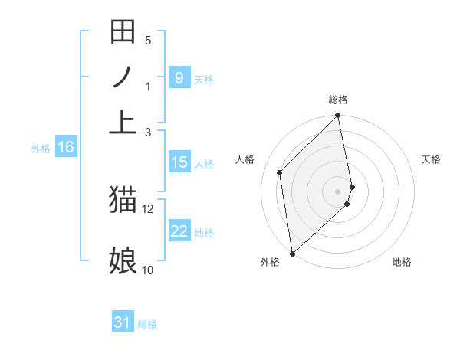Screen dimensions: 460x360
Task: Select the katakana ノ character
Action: click(x=123, y=77)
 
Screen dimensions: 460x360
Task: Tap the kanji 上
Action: click(x=123, y=123)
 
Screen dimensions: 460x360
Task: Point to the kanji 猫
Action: click(x=123, y=201)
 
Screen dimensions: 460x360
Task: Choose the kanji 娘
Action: click(x=123, y=260)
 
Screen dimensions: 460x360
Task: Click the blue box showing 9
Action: click(x=179, y=78)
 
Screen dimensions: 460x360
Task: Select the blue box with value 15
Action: click(x=179, y=162)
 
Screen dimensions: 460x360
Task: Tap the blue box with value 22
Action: click(x=179, y=231)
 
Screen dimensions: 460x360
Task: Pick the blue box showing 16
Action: click(x=66, y=147)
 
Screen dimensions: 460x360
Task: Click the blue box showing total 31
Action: click(x=123, y=322)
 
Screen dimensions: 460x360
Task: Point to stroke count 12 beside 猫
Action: click(x=148, y=208)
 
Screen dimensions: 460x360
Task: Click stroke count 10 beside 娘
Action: click(x=147, y=270)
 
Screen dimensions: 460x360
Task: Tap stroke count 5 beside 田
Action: click(x=148, y=40)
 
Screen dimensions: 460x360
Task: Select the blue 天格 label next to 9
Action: click(x=204, y=79)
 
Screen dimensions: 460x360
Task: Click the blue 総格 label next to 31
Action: click(x=147, y=324)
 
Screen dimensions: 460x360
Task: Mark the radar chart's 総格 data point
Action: click(x=338, y=116)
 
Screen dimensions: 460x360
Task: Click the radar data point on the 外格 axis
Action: click(x=292, y=254)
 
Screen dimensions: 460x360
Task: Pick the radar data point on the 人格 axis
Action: click(x=280, y=172)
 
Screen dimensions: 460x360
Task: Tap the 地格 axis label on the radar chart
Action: click(x=402, y=262)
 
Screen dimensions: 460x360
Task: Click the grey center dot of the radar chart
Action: click(x=338, y=190)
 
